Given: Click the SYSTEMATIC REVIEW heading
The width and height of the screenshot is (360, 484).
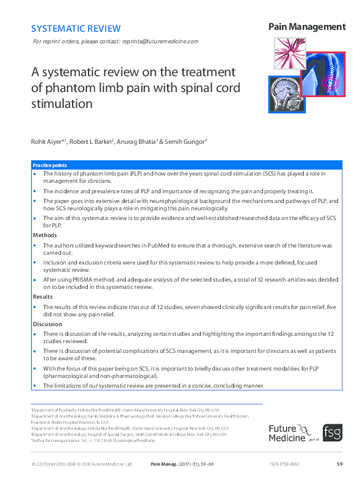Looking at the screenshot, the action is pyautogui.click(x=76, y=28).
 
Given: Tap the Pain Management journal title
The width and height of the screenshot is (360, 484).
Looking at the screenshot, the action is pyautogui.click(x=306, y=27).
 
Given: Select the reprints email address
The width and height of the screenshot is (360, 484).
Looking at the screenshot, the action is pyautogui.click(x=160, y=41).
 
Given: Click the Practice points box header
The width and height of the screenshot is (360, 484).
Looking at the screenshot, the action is pyautogui.click(x=50, y=165).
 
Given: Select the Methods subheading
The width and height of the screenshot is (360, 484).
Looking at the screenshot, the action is pyautogui.click(x=45, y=234).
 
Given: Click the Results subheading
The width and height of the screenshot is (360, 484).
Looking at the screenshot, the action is pyautogui.click(x=43, y=296).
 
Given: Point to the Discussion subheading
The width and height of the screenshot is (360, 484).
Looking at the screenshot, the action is pyautogui.click(x=48, y=324).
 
